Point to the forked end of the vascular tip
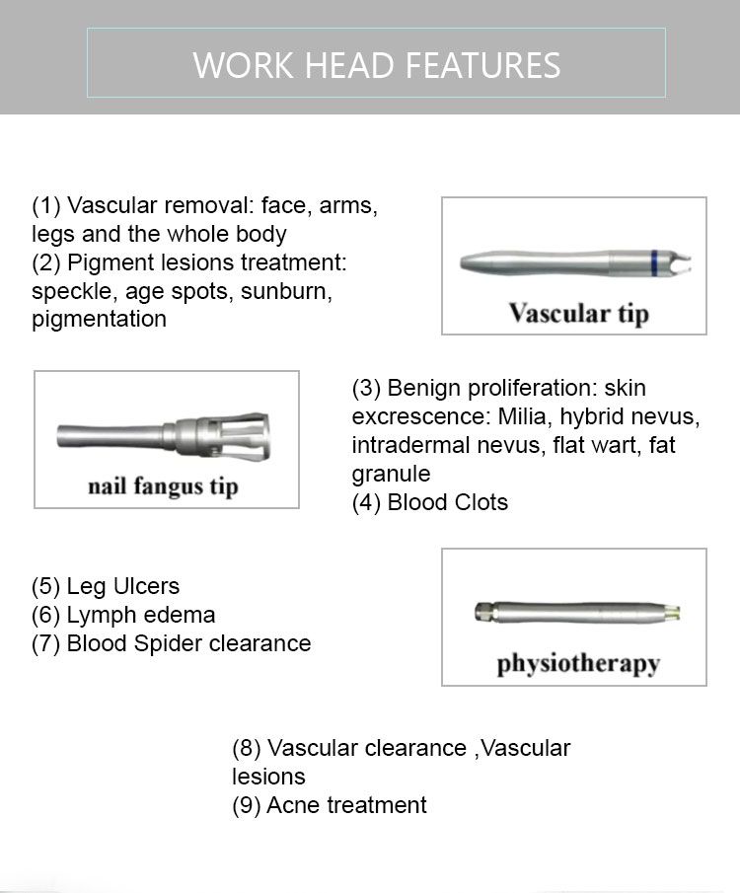point(678,263)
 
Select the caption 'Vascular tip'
point(579,314)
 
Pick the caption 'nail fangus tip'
point(162,486)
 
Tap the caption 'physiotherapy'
point(577,662)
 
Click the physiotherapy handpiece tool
point(577,611)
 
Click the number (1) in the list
point(45,206)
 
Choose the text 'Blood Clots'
point(447,502)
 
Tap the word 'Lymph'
point(99,615)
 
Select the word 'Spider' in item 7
point(165,643)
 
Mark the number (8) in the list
point(246,748)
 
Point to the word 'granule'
point(391,474)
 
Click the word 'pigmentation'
point(99,319)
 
